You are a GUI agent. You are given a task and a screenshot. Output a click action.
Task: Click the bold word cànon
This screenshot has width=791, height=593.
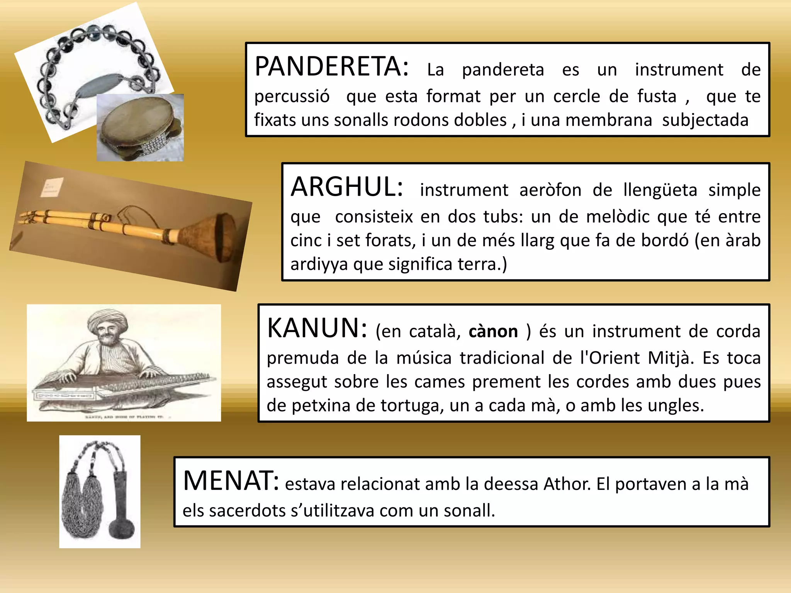[x=493, y=332]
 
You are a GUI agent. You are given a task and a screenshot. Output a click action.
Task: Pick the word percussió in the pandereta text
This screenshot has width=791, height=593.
[x=292, y=97]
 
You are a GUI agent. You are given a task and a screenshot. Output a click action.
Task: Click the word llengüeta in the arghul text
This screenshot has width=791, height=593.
[x=660, y=190]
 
